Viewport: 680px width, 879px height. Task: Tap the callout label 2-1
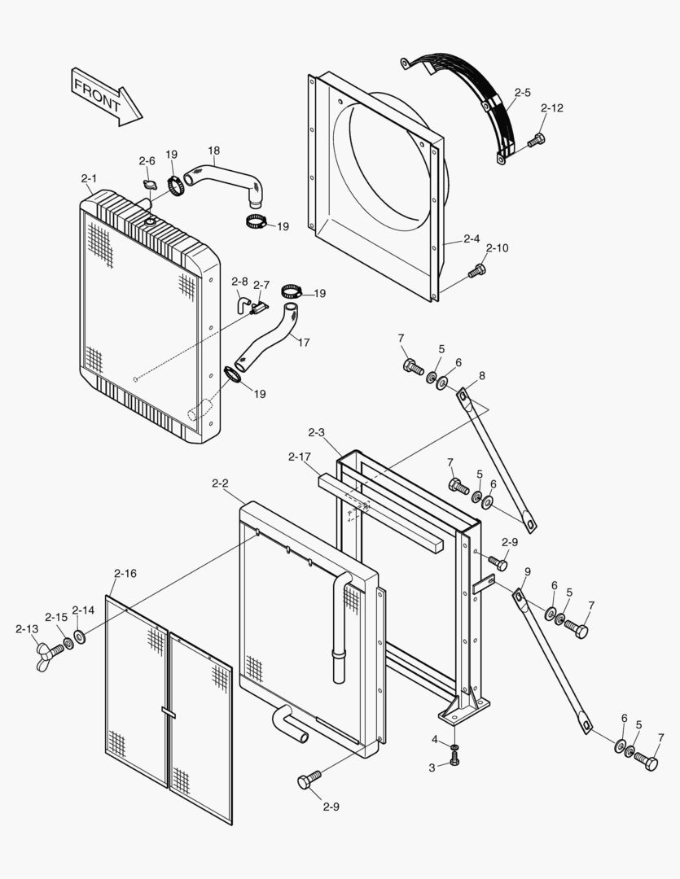(x=89, y=178)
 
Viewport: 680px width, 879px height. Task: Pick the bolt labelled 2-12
(x=535, y=141)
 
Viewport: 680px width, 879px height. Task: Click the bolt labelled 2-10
(x=477, y=271)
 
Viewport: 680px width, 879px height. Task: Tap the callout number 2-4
(x=472, y=238)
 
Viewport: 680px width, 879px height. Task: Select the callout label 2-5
(x=523, y=93)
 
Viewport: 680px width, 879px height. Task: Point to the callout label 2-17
(x=299, y=457)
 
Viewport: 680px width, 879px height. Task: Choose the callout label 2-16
(x=125, y=574)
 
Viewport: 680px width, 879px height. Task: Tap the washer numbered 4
(x=454, y=747)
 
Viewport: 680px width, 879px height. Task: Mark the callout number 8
(x=481, y=375)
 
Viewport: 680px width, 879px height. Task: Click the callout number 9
(x=528, y=571)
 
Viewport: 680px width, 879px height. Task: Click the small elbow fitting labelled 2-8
(x=243, y=304)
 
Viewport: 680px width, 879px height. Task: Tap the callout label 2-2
(x=220, y=483)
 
